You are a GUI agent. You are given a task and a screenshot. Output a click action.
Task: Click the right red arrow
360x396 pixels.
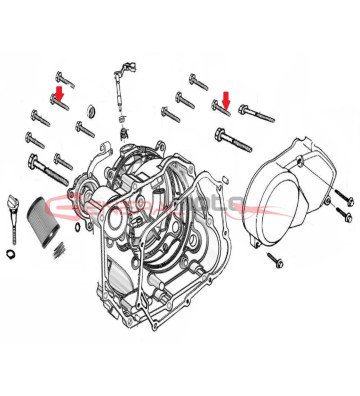(226, 99)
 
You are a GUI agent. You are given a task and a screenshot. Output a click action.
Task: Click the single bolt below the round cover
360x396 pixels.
(277, 257)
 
